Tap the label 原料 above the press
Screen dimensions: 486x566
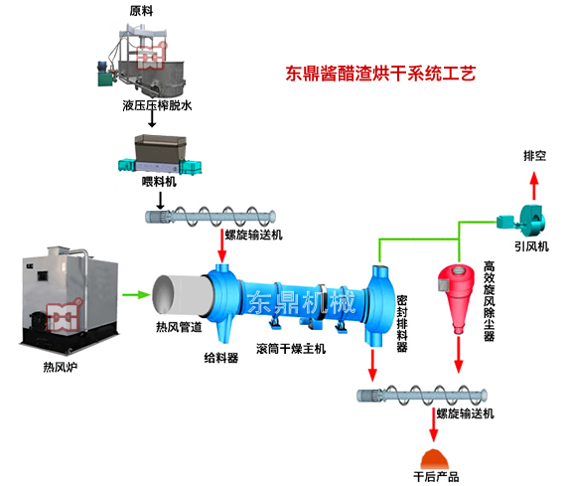tap(143, 10)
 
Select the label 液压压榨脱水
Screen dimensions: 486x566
tap(150, 102)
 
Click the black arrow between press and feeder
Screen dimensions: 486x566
tap(149, 119)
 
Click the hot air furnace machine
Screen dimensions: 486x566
tap(71, 304)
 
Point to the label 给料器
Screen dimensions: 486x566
tap(220, 356)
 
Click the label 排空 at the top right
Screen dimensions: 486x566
tap(536, 156)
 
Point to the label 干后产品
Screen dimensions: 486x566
tap(435, 477)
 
